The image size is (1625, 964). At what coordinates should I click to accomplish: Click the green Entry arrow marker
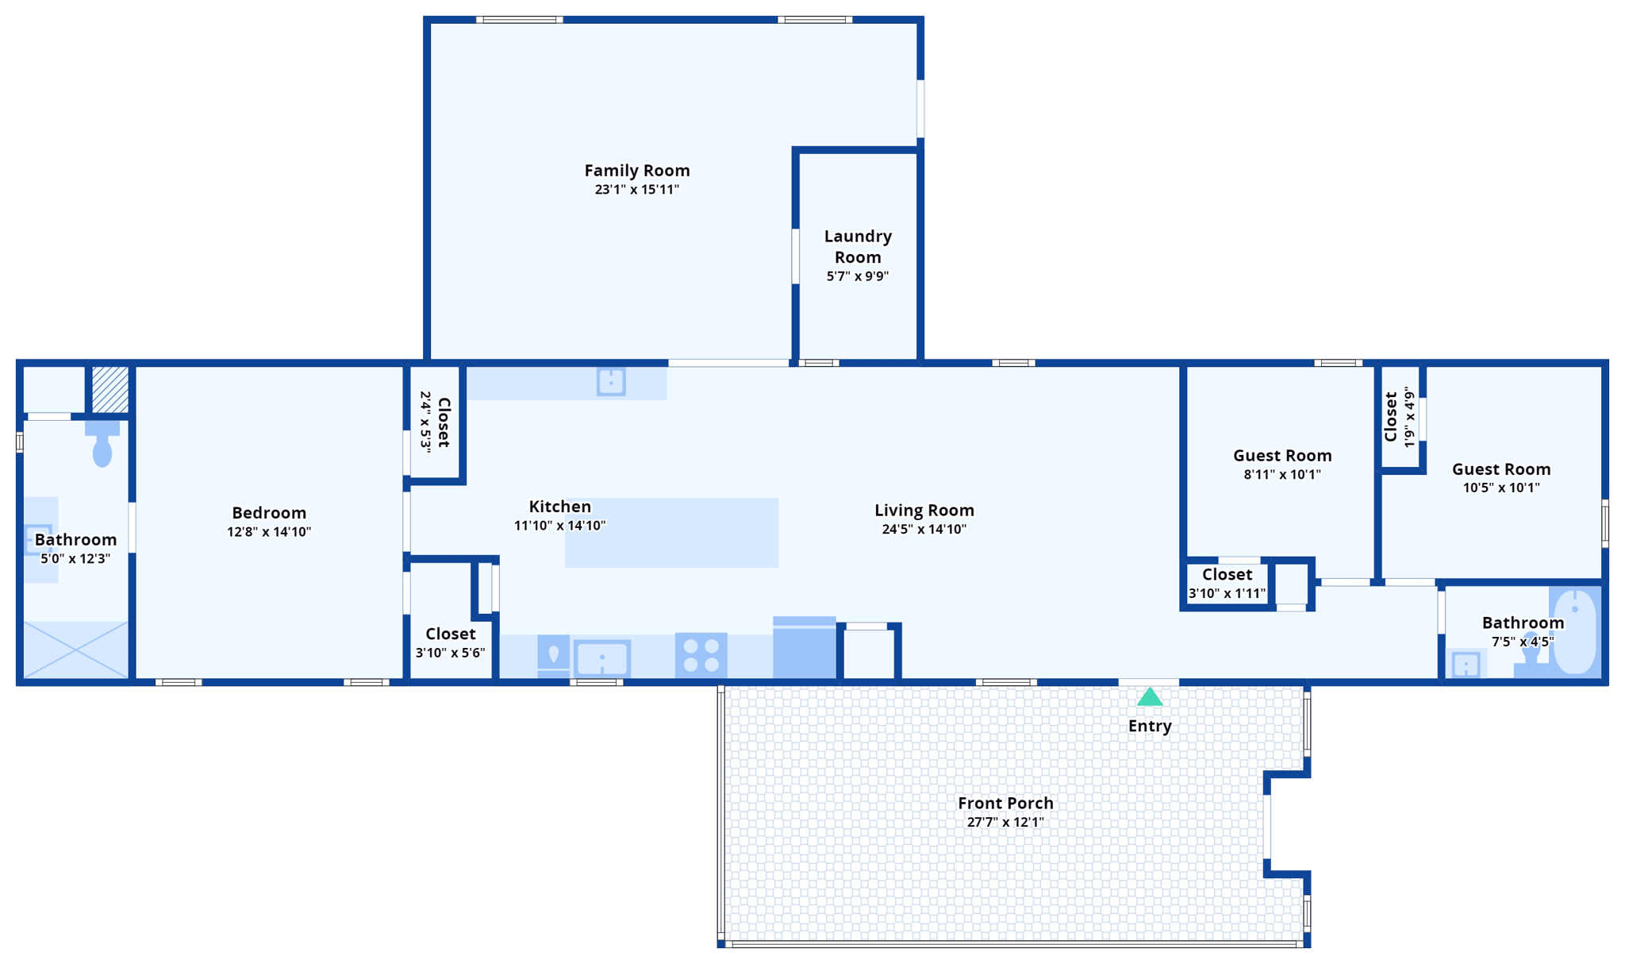click(x=1149, y=697)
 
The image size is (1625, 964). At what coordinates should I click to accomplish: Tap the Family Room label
click(x=637, y=170)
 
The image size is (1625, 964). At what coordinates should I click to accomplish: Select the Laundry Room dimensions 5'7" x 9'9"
click(x=857, y=276)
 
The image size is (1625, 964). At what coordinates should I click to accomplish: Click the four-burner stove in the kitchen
click(x=701, y=655)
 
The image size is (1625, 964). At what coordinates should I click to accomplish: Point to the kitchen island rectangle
click(x=671, y=533)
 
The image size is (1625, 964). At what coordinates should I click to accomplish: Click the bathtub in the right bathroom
click(x=1574, y=632)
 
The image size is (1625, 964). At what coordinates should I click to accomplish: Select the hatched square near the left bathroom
click(x=110, y=389)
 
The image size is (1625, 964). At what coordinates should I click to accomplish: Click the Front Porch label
click(x=1005, y=803)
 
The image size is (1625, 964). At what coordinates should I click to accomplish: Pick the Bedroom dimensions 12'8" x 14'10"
click(x=269, y=532)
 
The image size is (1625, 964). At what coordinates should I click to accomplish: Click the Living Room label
click(x=924, y=510)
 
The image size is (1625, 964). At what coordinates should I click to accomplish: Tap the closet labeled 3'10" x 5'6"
click(x=450, y=642)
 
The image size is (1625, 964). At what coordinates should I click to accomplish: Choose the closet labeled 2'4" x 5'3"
click(x=435, y=422)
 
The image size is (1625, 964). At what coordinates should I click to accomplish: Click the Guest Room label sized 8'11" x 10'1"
click(x=1281, y=455)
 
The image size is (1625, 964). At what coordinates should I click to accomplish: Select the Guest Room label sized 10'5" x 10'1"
click(x=1500, y=469)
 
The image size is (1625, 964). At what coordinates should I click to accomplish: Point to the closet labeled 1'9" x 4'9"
click(x=1399, y=417)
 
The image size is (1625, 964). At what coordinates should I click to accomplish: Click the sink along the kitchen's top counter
click(x=610, y=382)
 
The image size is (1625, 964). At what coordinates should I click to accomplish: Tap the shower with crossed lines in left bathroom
click(x=75, y=650)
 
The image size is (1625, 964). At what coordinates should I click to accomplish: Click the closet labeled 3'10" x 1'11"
click(x=1226, y=583)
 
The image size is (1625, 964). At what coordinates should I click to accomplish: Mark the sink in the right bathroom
click(x=1465, y=664)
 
